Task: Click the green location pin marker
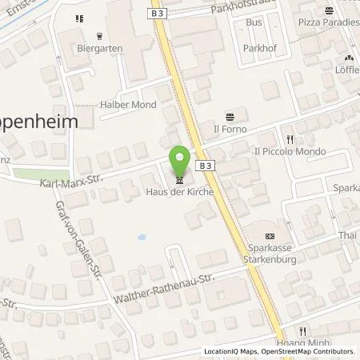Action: point(179,161)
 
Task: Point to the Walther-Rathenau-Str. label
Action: point(166,286)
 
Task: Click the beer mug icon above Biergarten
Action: point(99,35)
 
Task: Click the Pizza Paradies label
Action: point(326,24)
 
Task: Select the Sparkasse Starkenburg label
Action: point(269,253)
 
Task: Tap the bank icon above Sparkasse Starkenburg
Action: point(269,235)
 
